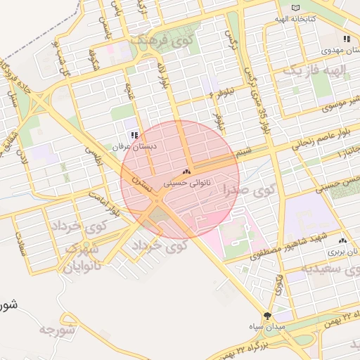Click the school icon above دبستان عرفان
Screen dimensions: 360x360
tap(134, 135)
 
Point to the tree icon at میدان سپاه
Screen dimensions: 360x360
tap(266, 316)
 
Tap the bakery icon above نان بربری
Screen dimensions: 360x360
tap(342, 240)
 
